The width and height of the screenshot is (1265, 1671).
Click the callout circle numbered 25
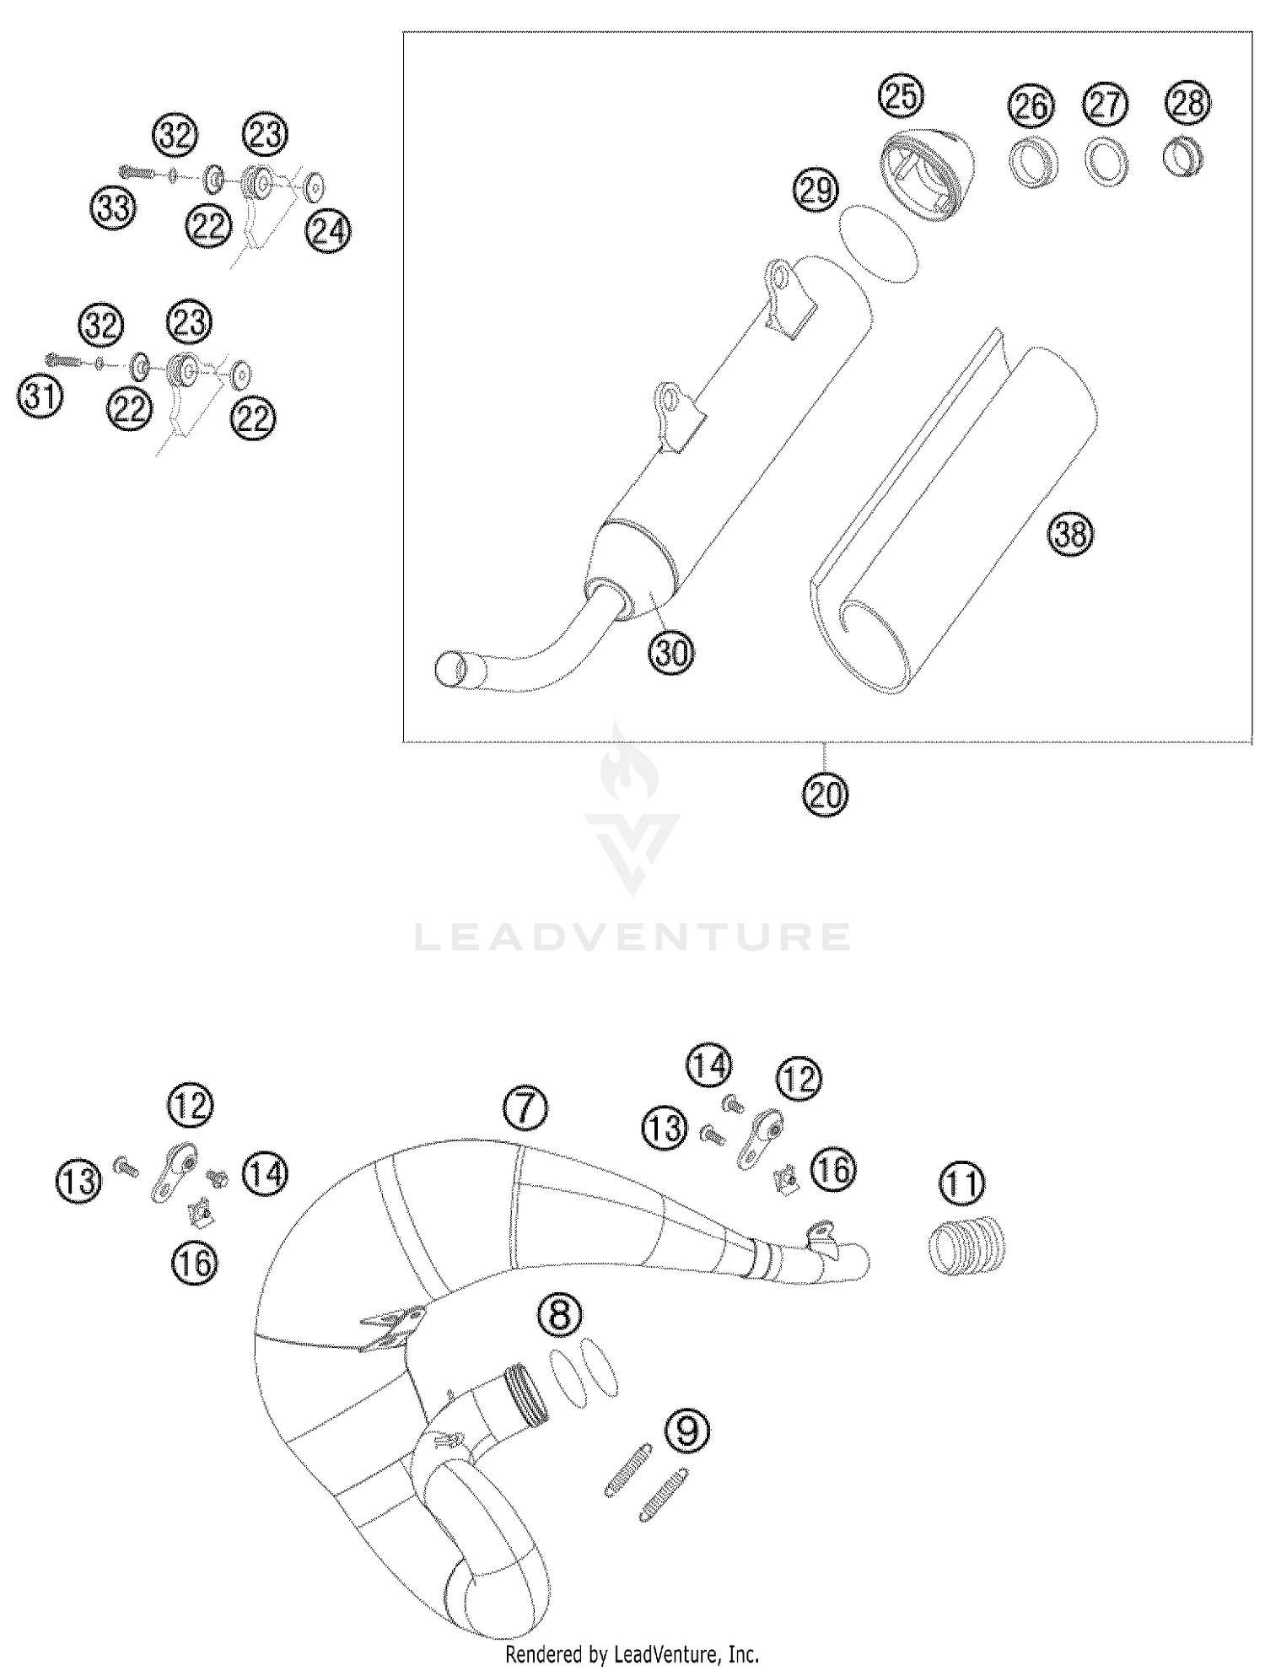(901, 97)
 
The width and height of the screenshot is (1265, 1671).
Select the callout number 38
(1070, 534)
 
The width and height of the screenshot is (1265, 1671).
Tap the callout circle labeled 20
(825, 795)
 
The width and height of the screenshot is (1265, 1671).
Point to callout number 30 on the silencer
(670, 652)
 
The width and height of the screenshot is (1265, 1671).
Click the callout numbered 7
(525, 1108)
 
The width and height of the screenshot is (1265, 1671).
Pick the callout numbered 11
(962, 1183)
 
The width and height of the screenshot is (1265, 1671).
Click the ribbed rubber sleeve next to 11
(966, 1247)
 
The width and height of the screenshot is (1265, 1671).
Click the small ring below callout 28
(1183, 156)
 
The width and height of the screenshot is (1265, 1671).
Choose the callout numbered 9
(687, 1431)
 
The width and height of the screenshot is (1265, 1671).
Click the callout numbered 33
(113, 208)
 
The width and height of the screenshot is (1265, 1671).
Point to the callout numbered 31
(40, 396)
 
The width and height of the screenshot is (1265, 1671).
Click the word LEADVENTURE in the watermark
(632, 937)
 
